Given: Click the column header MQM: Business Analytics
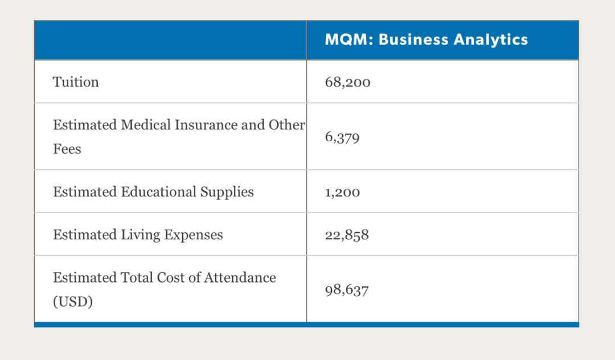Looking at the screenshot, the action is (x=427, y=40).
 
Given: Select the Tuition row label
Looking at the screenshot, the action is (x=76, y=82).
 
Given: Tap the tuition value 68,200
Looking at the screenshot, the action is (x=347, y=82).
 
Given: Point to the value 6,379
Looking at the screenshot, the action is (x=342, y=137).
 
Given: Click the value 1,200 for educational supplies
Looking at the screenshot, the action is (x=342, y=192).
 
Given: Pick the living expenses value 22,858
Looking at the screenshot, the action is (x=347, y=235).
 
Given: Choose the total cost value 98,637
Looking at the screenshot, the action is (x=347, y=290).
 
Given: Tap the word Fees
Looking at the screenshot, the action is (x=67, y=149).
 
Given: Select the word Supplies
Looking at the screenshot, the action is (x=227, y=192).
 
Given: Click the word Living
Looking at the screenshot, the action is (x=141, y=235).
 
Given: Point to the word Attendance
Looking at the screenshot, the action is (x=240, y=277).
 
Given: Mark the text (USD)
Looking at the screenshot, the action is (x=73, y=301).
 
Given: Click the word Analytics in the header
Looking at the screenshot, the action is (x=491, y=40).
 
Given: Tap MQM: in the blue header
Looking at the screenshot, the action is (x=349, y=40).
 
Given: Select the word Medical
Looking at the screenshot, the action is (x=146, y=125).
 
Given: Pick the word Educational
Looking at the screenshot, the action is (x=158, y=192).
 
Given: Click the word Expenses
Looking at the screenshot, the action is (x=194, y=235).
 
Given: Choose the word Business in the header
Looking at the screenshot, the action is (x=413, y=40).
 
